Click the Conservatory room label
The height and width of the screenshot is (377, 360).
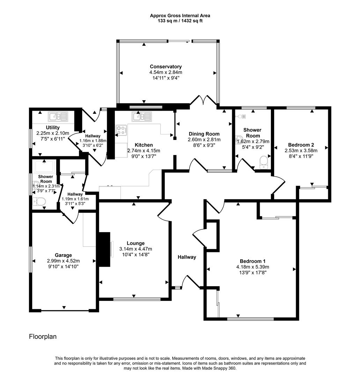tap(166, 67)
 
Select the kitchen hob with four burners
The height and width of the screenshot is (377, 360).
tap(122, 130)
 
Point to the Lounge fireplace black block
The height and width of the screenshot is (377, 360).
tap(104, 249)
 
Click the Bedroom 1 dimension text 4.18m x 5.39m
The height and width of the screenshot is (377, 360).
tap(252, 267)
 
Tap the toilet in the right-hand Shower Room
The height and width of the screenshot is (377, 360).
tap(264, 162)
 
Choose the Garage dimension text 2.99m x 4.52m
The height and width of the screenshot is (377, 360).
tap(63, 261)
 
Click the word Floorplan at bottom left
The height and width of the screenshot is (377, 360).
tap(43, 337)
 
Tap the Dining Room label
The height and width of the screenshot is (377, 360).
tap(204, 134)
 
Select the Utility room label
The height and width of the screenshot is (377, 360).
tap(53, 127)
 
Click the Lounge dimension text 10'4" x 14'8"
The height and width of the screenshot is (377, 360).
tap(135, 254)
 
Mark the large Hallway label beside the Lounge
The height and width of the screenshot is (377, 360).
tap(187, 257)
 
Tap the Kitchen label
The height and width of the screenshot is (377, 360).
tap(144, 145)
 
